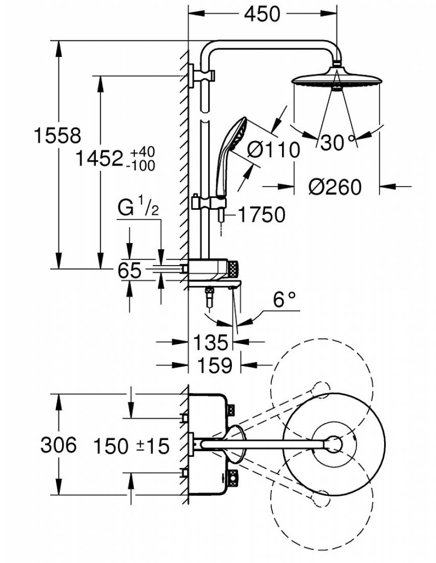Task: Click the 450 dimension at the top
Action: [x=262, y=14]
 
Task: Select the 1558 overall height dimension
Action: [x=57, y=136]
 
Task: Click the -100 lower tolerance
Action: [x=142, y=165]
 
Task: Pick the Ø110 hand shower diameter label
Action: [x=273, y=150]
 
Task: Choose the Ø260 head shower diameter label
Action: [x=334, y=187]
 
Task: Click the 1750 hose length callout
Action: [x=261, y=215]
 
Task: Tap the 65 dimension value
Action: [x=129, y=270]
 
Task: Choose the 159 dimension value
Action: [x=214, y=365]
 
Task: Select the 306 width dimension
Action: [x=58, y=445]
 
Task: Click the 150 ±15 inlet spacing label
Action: [x=131, y=446]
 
